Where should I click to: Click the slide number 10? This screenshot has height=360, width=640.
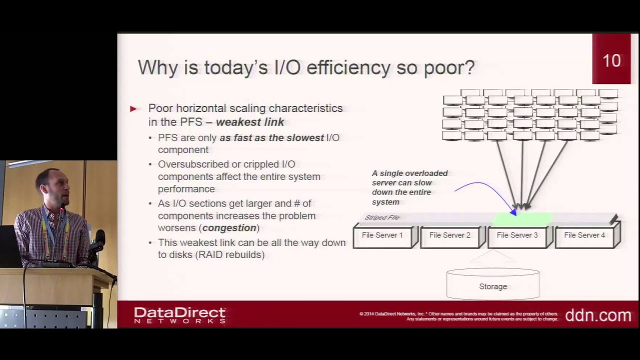click(611, 60)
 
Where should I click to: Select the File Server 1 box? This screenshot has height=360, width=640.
click(382, 235)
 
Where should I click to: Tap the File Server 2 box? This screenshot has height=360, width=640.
click(449, 235)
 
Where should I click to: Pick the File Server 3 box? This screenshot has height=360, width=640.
click(517, 235)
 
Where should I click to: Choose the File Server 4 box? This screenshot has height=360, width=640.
click(584, 235)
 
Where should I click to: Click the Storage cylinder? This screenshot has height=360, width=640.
click(493, 286)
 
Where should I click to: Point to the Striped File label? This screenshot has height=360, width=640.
click(382, 217)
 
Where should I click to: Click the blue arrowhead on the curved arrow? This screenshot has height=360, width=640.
click(513, 212)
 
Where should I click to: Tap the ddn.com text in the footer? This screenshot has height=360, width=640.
click(598, 315)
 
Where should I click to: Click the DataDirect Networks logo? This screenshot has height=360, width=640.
click(180, 315)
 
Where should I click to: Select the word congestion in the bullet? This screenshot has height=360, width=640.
click(229, 228)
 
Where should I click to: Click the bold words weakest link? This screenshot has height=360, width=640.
click(250, 122)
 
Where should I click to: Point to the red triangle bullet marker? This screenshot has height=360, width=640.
click(133, 108)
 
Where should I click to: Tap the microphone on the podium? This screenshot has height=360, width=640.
click(98, 240)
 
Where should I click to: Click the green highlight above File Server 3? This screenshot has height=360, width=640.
click(522, 218)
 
